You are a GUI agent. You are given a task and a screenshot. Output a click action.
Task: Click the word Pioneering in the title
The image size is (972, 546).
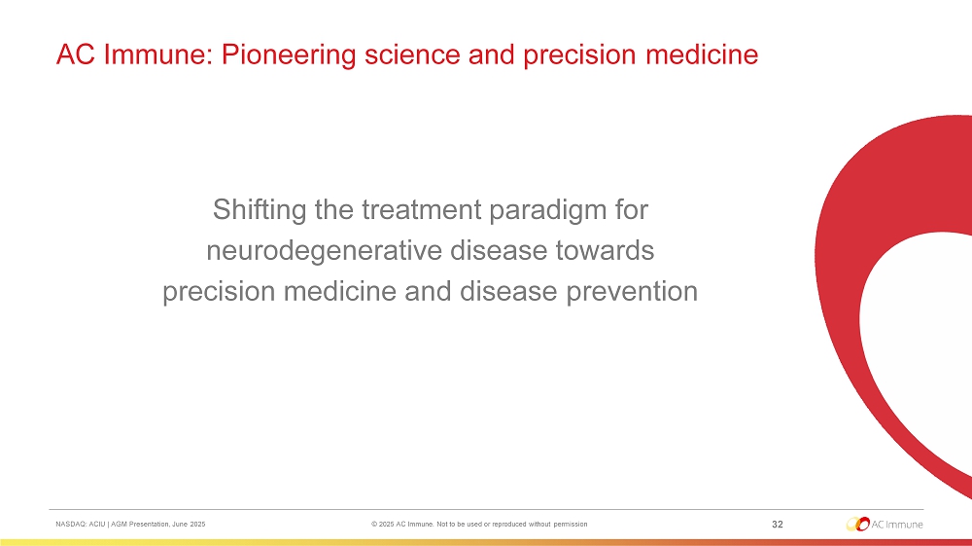point(289,55)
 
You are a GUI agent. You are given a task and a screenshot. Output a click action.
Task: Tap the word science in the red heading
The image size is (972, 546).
point(412,55)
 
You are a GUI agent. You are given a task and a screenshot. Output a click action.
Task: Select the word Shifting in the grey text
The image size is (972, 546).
point(260,210)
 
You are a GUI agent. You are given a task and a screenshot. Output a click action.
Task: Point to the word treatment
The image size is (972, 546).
point(422,209)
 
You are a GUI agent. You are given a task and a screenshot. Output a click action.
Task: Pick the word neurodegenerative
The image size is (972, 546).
point(325,251)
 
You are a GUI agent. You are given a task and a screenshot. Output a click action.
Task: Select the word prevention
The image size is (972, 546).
point(632,292)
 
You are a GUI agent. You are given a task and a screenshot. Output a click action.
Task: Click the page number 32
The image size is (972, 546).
point(778,525)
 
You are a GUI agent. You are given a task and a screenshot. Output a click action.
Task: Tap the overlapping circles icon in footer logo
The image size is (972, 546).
point(858,524)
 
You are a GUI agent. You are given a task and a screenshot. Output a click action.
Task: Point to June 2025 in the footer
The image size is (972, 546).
point(189,525)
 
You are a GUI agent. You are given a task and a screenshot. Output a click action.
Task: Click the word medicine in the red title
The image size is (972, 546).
point(702,55)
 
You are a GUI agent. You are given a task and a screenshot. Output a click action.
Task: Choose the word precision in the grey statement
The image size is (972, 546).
point(219,292)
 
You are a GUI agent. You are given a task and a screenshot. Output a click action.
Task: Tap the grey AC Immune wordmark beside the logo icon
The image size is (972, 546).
point(897,525)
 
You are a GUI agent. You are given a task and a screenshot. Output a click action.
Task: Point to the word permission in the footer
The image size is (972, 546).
point(571,525)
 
